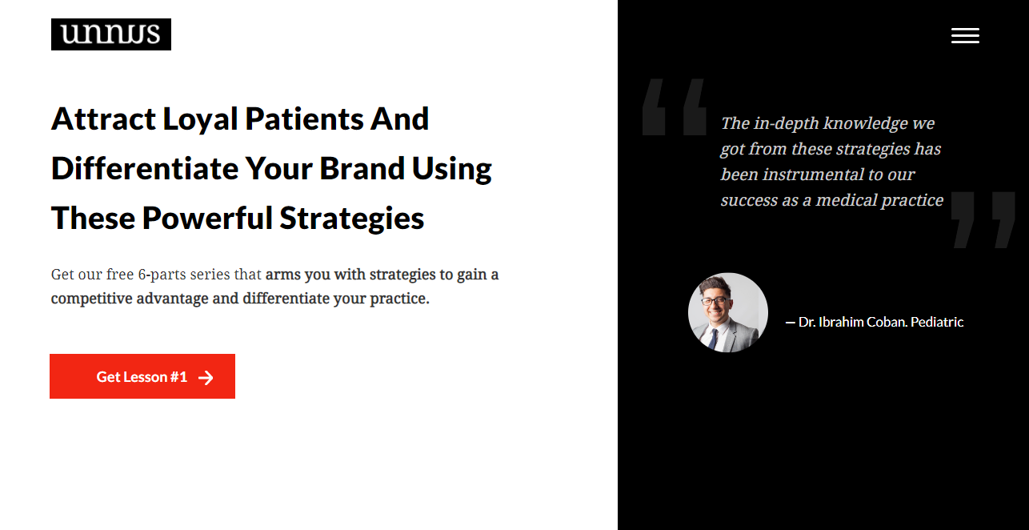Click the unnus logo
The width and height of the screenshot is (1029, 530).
point(111,34)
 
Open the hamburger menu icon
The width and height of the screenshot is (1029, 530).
point(965,35)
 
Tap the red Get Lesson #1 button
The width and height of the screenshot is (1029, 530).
point(142,376)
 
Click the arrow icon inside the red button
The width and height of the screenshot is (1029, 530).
point(206,377)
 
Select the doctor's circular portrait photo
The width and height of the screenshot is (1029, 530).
point(727,312)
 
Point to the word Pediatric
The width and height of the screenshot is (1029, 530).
point(937,322)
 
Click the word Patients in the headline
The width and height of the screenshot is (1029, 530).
point(305,119)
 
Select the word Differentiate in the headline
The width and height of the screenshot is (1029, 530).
point(145,168)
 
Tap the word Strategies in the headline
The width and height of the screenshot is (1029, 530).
point(352,219)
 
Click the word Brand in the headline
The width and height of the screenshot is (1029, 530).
point(362,168)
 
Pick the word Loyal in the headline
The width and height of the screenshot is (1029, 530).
point(200,120)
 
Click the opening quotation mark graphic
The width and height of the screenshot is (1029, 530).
point(674,107)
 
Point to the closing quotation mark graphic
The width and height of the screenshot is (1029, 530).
point(983,220)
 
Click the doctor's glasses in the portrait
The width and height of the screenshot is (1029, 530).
point(715,302)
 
